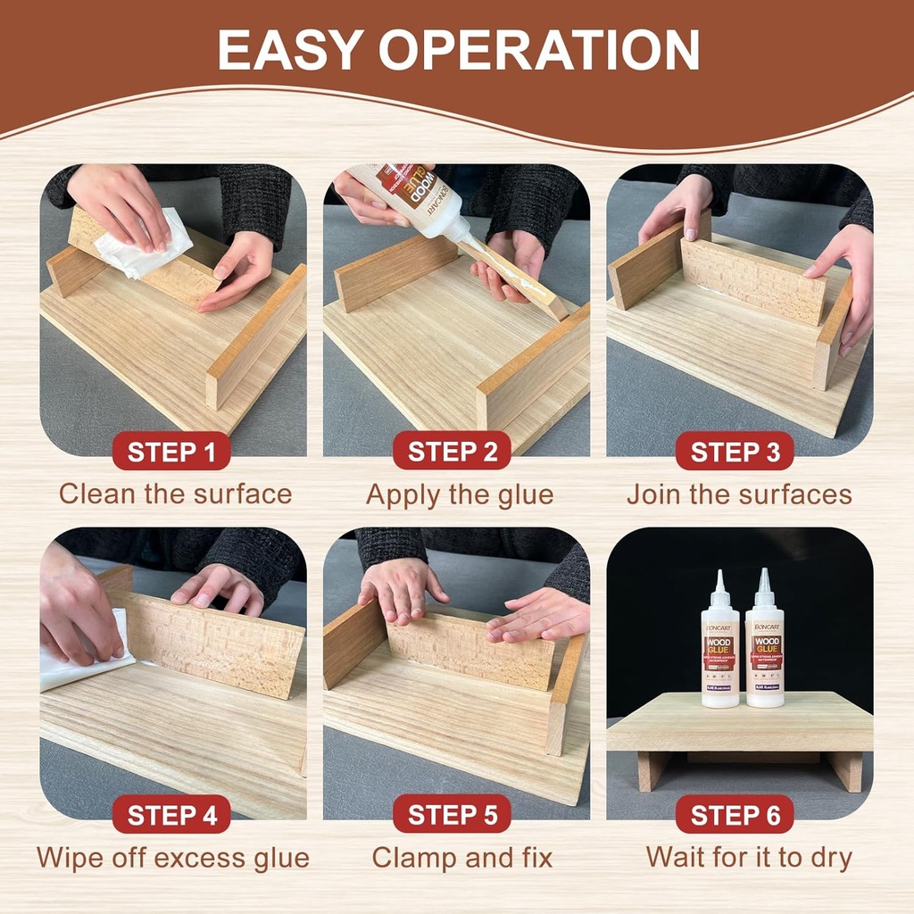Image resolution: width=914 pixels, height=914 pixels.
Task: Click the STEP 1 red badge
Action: point(171,452)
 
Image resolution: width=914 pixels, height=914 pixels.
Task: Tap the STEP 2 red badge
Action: point(452,452)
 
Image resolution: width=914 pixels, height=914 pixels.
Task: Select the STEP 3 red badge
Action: point(735,452)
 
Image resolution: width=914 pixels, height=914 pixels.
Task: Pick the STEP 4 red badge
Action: point(171,815)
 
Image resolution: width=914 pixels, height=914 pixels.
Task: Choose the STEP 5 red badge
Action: point(452,815)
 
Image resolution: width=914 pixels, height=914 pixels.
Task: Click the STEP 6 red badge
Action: point(735,815)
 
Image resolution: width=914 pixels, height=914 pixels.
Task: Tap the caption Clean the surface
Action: point(175,494)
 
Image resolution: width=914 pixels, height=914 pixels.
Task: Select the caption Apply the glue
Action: point(459,494)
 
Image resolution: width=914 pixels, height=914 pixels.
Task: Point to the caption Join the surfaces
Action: point(739,494)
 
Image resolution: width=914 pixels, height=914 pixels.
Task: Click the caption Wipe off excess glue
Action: point(172,859)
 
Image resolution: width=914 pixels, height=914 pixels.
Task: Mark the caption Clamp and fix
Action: point(461,859)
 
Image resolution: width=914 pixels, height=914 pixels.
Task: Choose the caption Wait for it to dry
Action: point(749,859)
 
